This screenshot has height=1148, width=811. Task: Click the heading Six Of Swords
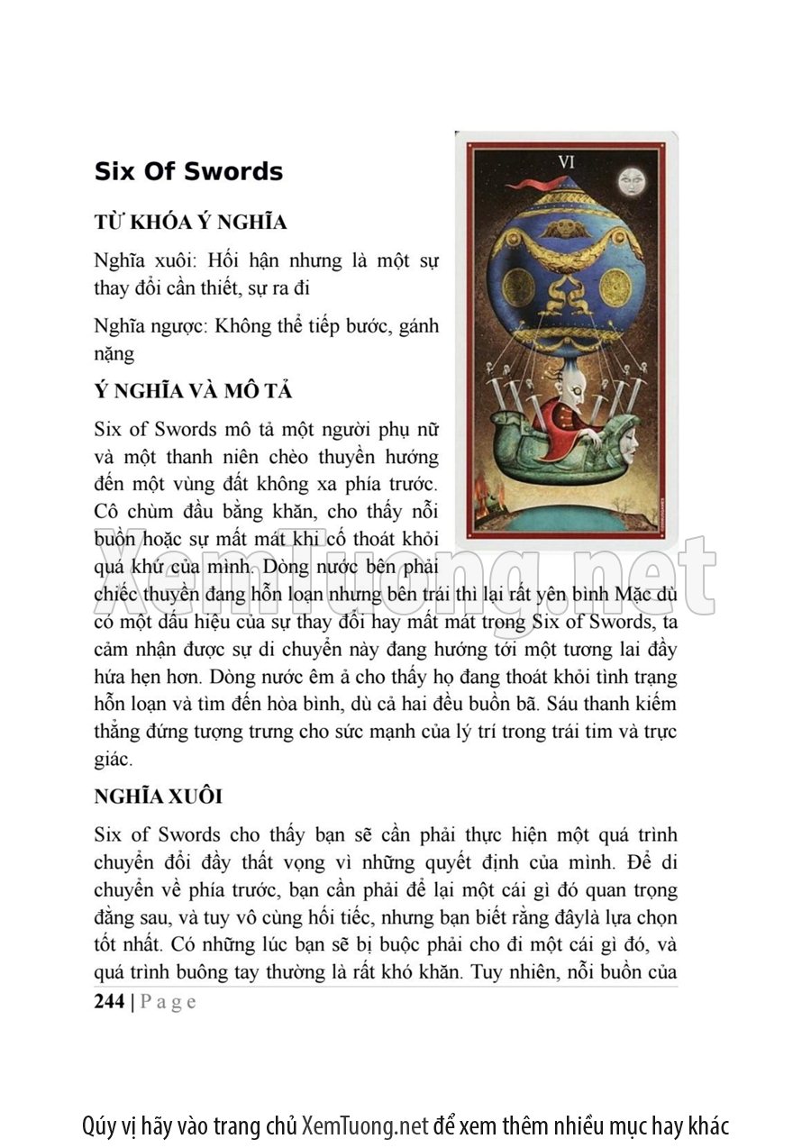tap(188, 172)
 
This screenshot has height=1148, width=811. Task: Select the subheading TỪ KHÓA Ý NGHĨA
tap(190, 222)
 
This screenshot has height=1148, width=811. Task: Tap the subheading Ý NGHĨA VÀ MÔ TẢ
tap(193, 391)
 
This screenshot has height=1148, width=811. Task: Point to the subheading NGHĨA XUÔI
tap(158, 797)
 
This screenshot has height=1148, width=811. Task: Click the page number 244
tap(109, 1001)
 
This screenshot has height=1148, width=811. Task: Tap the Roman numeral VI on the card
tap(566, 163)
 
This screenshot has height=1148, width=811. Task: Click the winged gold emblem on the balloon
tap(566, 228)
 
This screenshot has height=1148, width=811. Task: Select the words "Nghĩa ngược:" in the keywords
tap(150, 325)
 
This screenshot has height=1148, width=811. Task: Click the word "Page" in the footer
tap(169, 1001)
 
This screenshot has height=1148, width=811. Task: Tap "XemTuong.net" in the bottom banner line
tap(365, 1126)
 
